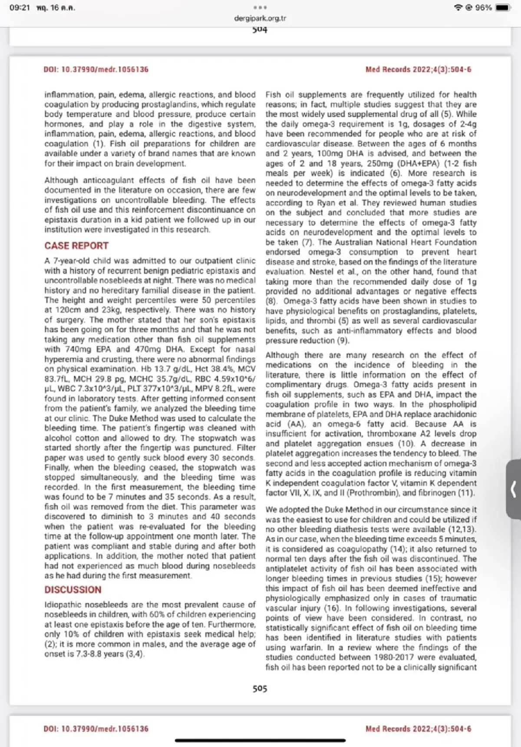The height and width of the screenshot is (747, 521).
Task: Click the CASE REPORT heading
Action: coord(76,246)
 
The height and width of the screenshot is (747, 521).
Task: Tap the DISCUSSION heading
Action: coord(73,590)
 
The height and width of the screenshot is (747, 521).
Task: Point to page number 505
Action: coord(260,688)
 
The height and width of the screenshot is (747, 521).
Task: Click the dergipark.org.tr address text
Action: coord(260,18)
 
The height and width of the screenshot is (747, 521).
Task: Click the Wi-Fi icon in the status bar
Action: coord(458,8)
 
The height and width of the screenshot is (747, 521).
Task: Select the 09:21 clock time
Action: coord(20,8)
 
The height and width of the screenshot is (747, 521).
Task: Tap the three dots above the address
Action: coord(260,8)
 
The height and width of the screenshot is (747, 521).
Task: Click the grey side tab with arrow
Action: coord(514,489)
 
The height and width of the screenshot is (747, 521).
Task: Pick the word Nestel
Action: coord(321,272)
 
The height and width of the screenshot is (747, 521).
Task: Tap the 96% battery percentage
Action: coord(484,8)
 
